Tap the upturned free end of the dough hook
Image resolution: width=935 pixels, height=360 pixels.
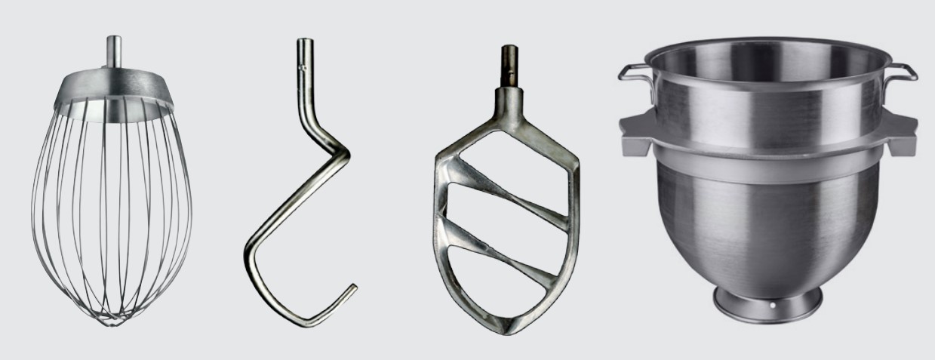(x=352, y=288)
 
